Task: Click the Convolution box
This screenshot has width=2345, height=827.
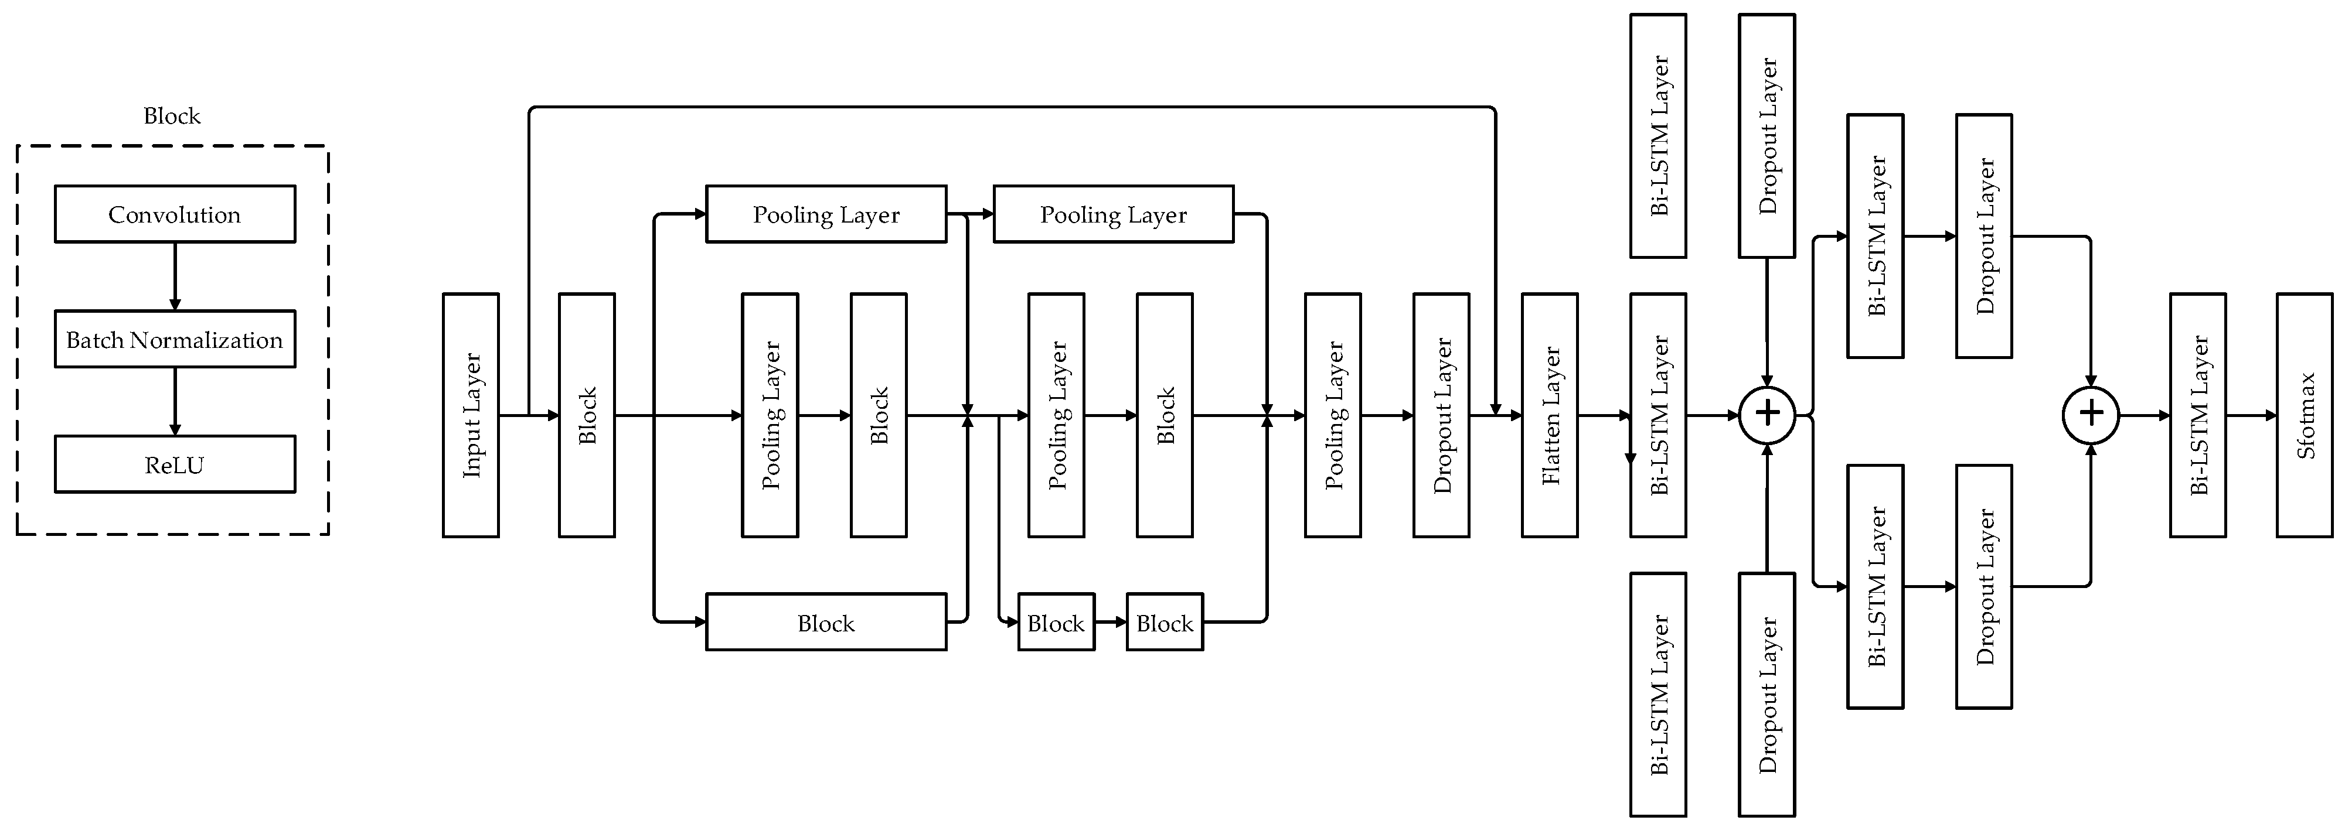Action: [x=175, y=214]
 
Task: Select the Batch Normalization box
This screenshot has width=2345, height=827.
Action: [x=175, y=339]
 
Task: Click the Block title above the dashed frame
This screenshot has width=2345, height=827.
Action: [x=172, y=115]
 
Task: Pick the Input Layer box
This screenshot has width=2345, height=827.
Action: [x=471, y=415]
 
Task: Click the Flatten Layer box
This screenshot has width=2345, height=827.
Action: [x=1550, y=415]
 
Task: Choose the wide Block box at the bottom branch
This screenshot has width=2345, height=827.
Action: [x=826, y=622]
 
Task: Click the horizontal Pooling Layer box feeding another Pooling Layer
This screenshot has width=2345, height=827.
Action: [x=826, y=214]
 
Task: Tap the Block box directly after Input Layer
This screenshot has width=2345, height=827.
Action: [x=586, y=415]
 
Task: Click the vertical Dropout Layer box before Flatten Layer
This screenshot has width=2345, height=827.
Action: [x=1441, y=415]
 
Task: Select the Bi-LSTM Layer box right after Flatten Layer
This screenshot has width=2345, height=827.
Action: [x=1658, y=415]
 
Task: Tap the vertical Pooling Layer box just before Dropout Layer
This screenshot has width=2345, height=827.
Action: [x=1333, y=415]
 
